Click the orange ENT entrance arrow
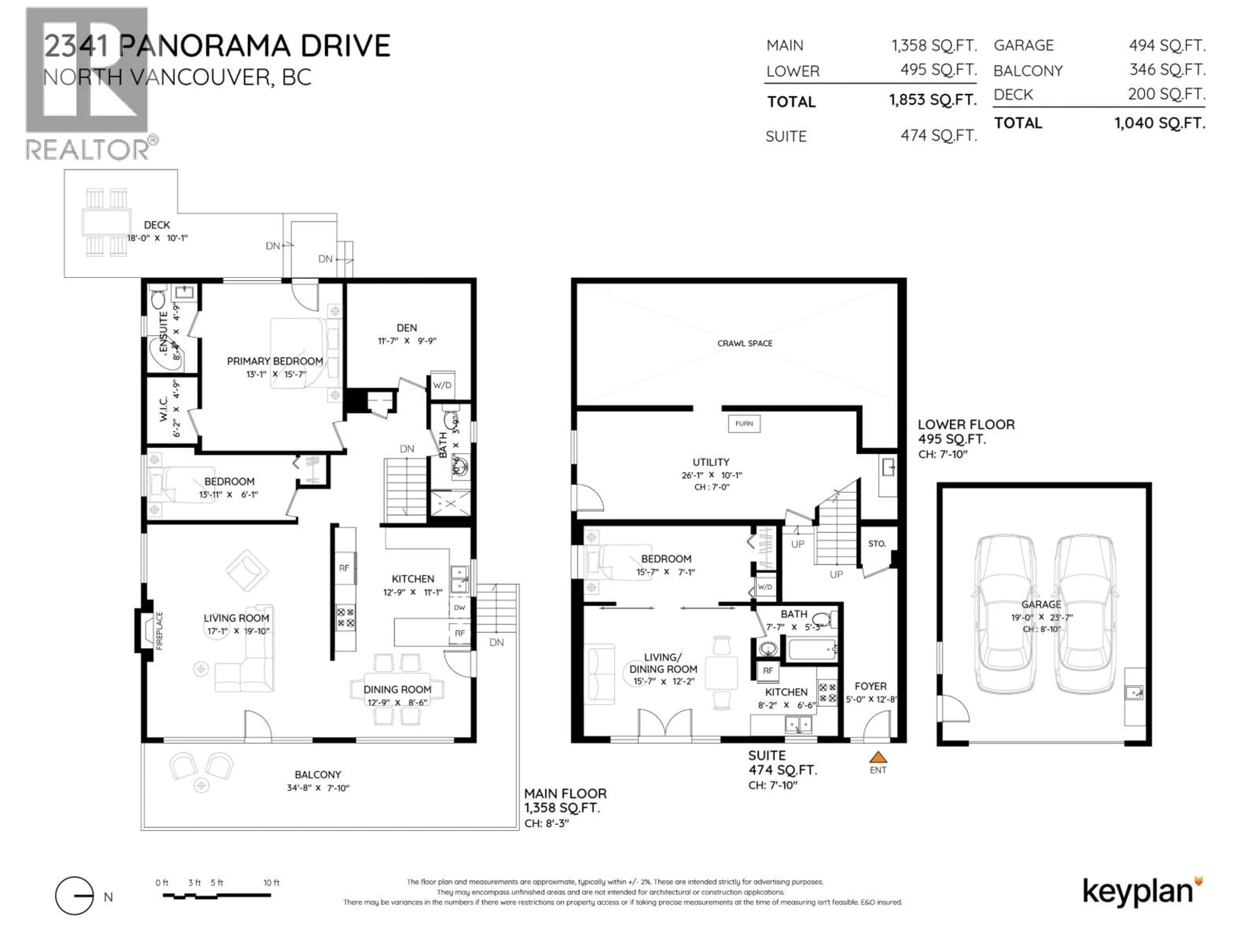pyautogui.click(x=878, y=757)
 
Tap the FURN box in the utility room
pyautogui.click(x=744, y=423)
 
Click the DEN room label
pyautogui.click(x=407, y=328)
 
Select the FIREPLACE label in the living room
pyautogui.click(x=159, y=630)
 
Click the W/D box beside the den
pyautogui.click(x=442, y=385)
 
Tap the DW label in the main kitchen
pyautogui.click(x=460, y=607)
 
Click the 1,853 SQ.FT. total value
pyautogui.click(x=933, y=100)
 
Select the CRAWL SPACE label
pyautogui.click(x=744, y=343)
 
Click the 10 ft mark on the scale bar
pyautogui.click(x=271, y=883)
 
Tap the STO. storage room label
pyautogui.click(x=877, y=543)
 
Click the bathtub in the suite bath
pyautogui.click(x=810, y=649)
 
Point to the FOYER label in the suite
pyautogui.click(x=870, y=686)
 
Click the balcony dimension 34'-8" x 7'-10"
pyautogui.click(x=318, y=788)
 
